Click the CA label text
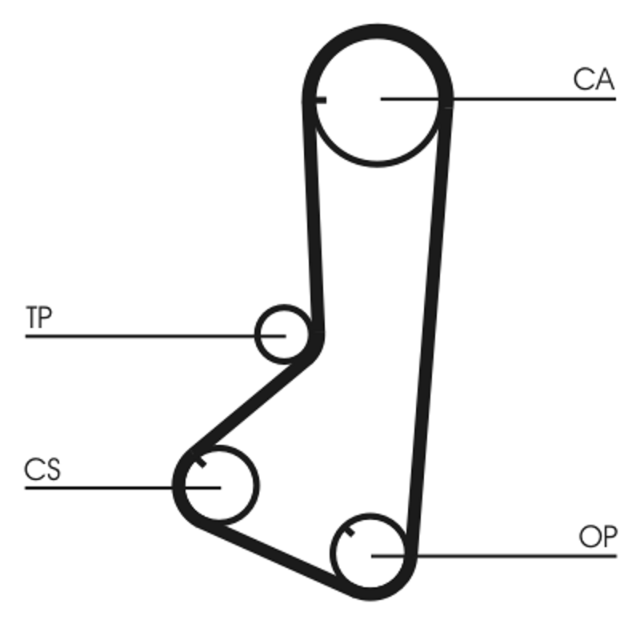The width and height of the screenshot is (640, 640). pos(594,79)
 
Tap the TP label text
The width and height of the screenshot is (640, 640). pos(38,317)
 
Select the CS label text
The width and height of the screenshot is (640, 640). pos(42,470)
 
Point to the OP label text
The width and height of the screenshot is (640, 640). pos(598,537)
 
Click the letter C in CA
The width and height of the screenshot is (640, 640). pos(583,79)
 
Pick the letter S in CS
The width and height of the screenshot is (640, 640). pos(53,470)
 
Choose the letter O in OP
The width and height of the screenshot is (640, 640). pos(589,537)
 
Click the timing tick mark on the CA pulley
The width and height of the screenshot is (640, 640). pos(321,100)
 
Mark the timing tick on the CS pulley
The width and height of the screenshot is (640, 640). pos(199,462)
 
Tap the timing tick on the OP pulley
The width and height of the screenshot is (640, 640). pos(350,532)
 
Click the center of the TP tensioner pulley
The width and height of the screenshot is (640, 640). pos(284,334)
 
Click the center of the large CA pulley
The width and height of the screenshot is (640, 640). pos(377,98)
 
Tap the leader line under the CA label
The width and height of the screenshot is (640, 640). pos(498,98)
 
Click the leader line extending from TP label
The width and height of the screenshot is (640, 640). pos(155,336)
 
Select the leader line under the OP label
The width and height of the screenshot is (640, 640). pos(494,555)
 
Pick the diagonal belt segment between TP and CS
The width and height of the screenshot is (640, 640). pos(251,405)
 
